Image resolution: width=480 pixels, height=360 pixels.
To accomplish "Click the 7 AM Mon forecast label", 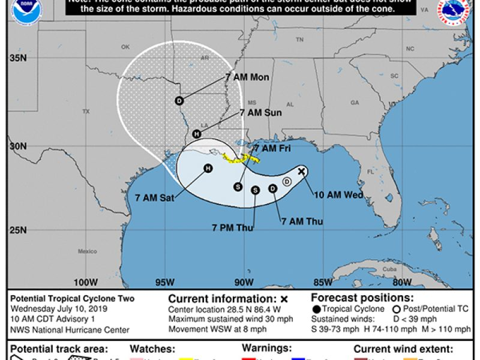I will pos(247,77).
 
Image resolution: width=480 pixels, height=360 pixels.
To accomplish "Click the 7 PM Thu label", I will pos(232,227).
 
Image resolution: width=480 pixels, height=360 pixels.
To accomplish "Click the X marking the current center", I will pos(302,172).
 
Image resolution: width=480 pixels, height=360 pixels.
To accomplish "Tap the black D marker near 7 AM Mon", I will pos(179,101).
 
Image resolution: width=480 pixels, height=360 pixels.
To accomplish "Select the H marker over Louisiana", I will pos(197,134).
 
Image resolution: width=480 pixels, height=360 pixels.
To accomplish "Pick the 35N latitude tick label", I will pos(17,58).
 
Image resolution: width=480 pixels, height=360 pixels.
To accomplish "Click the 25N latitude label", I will pos(17,231).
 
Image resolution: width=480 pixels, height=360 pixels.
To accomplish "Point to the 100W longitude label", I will pos(85,283).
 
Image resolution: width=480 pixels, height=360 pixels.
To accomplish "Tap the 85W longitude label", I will pos(323,283).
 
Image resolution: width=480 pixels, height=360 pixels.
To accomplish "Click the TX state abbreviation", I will pos(86,112).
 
